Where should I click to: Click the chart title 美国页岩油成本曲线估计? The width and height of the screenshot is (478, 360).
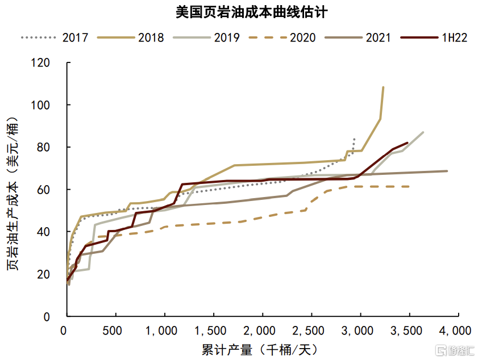pos(252,12)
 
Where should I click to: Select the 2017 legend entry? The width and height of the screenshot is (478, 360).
pos(55,38)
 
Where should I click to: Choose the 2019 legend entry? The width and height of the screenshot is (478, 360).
pos(206,38)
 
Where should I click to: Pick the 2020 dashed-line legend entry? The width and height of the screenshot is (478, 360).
pos(282,38)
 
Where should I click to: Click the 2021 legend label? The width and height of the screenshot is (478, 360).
pos(379,38)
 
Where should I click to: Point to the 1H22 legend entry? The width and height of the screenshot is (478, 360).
pos(434,38)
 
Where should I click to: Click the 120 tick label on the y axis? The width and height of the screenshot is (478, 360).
pos(40,62)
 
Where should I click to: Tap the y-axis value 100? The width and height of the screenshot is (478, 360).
pos(40,105)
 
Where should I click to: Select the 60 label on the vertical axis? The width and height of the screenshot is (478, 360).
pos(43,190)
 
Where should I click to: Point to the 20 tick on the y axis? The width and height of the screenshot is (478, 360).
pos(43,274)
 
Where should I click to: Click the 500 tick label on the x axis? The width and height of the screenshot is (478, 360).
pos(112,331)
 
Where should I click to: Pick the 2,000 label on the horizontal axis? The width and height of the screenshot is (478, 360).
pos(259,331)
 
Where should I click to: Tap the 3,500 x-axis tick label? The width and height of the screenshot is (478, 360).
pos(406,331)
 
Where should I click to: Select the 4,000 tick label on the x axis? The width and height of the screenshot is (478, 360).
pos(455,331)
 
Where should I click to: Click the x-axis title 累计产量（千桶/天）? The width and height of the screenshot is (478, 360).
pos(259,350)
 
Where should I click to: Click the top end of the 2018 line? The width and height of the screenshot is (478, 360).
pos(383,87)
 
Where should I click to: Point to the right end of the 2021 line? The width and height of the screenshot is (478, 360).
pos(447,171)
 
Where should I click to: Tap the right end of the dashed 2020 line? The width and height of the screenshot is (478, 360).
pos(409,186)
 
